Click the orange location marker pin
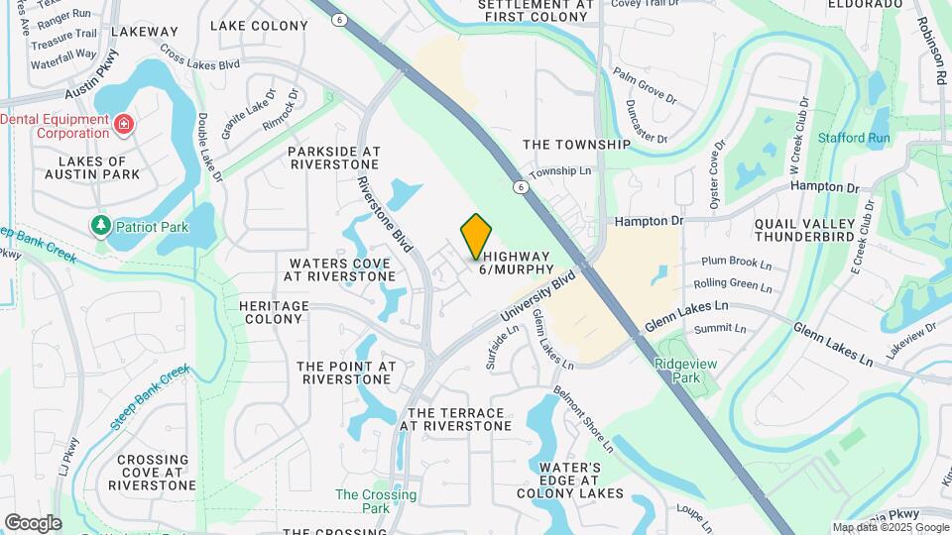tap(477, 236)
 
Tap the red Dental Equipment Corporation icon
tap(124, 125)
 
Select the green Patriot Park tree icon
tap(100, 227)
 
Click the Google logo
tap(33, 522)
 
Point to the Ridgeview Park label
tap(677, 371)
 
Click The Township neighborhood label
tap(576, 145)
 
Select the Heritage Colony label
tap(274, 313)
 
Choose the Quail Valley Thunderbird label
tap(810, 230)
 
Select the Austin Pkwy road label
tap(91, 90)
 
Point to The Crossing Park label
tap(362, 501)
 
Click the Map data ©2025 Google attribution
tap(890, 527)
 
